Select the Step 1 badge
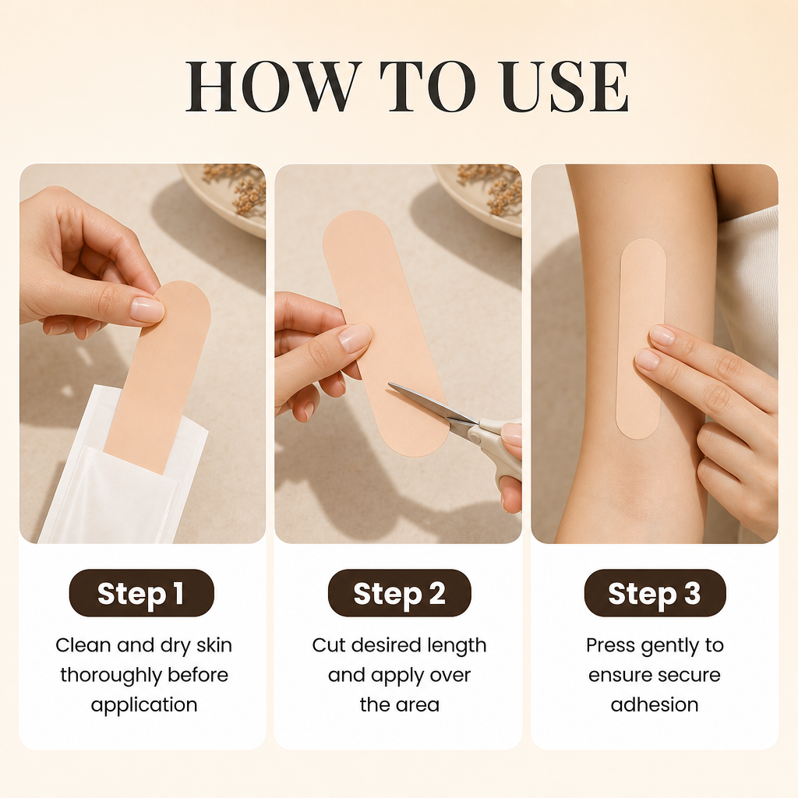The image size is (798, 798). [142, 593]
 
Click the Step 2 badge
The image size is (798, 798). [399, 593]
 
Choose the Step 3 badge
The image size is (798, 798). [655, 593]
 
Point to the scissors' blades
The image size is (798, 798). [433, 404]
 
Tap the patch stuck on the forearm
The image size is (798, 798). [641, 338]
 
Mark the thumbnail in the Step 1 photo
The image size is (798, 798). [147, 309]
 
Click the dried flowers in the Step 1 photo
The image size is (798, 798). [237, 189]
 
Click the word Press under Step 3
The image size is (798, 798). [611, 645]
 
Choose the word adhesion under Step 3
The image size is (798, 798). [655, 704]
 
